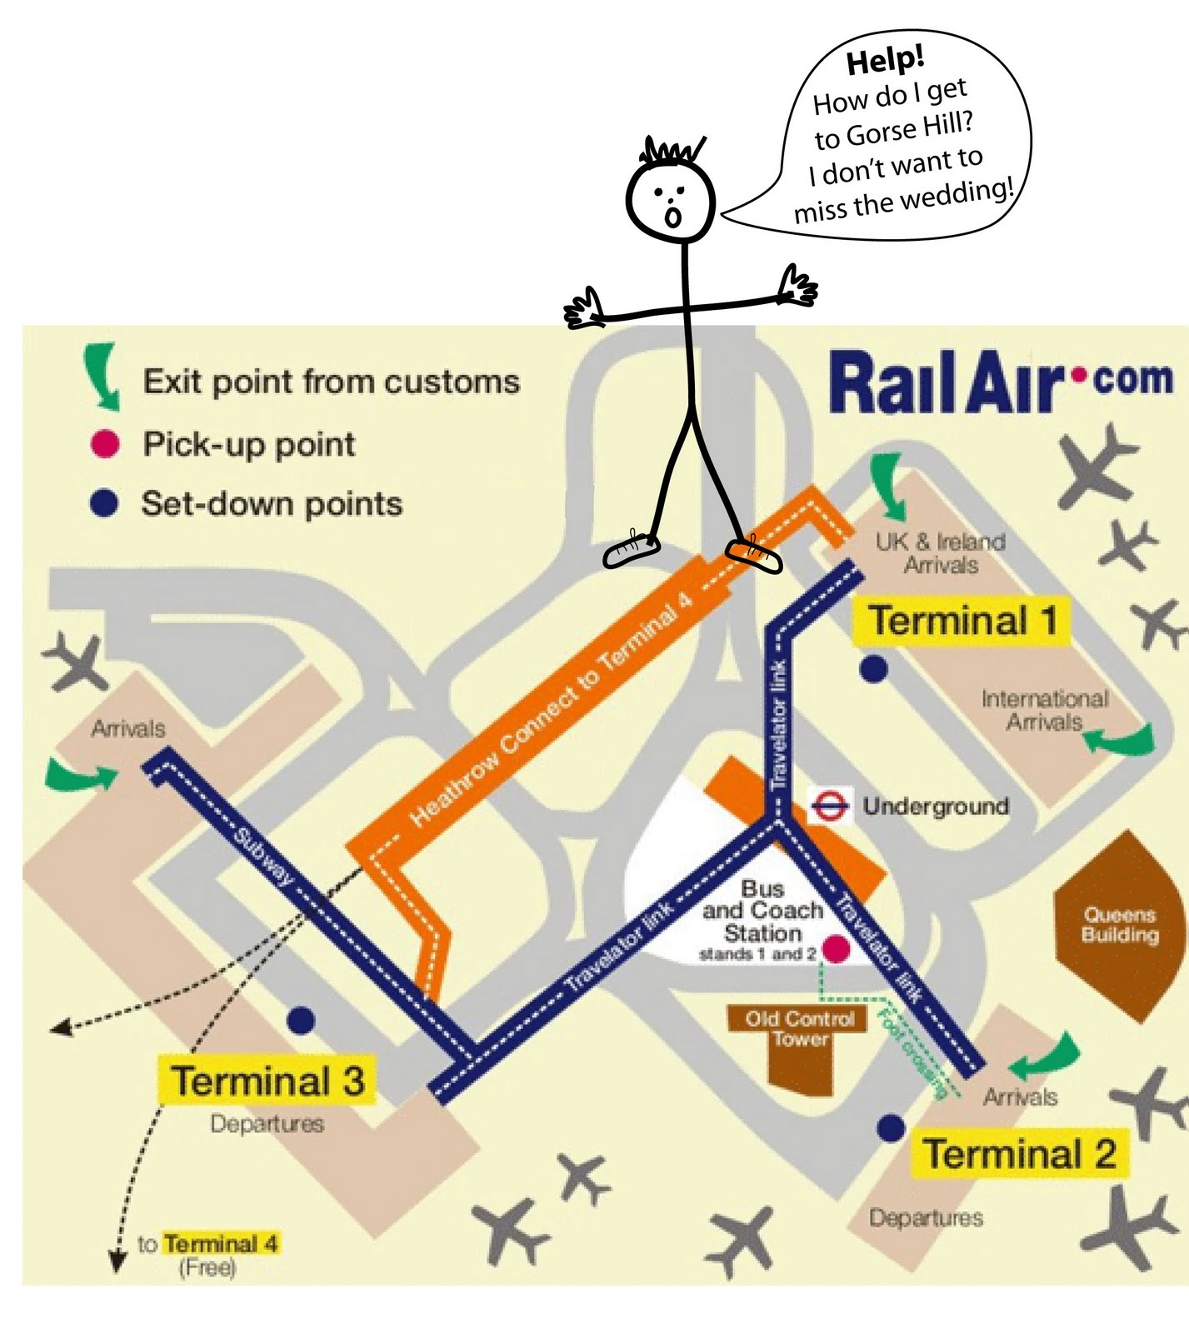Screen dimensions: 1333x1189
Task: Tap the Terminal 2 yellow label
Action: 1019,1154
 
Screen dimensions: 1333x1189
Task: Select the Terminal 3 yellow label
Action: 267,1081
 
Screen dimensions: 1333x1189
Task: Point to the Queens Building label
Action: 1119,925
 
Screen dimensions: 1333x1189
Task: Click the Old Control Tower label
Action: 799,1029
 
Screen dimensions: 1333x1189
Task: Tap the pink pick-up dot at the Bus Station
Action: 835,949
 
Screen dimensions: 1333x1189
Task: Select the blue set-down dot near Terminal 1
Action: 873,668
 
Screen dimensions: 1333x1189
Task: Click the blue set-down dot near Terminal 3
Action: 301,1020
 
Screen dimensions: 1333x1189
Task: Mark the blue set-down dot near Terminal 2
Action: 891,1128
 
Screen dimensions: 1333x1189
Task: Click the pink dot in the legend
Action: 105,444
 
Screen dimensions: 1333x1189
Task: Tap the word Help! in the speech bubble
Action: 885,60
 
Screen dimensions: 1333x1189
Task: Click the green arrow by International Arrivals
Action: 1122,739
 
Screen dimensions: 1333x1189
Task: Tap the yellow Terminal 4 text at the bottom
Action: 220,1244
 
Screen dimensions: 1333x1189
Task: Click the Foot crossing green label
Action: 912,1052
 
